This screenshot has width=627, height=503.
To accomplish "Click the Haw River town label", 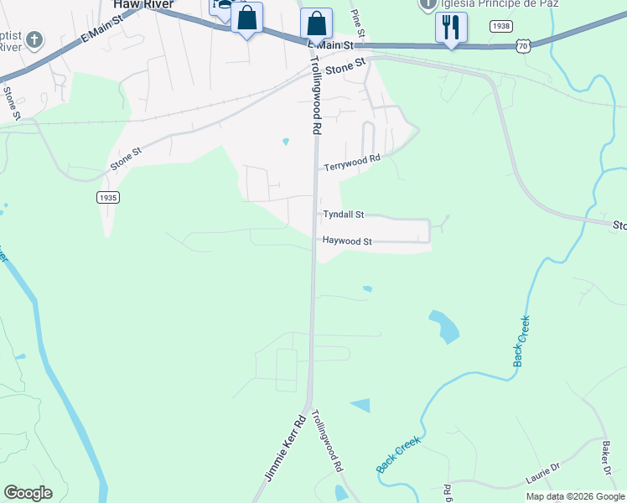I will pos(143,5).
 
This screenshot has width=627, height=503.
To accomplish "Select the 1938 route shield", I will pos(501,27).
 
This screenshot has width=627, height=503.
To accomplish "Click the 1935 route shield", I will pos(107,198).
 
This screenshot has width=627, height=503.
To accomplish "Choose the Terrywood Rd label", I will pos(353,158).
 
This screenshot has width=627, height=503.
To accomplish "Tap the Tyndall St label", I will pos(344,215).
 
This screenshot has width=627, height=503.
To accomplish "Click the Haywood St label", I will pos(347,241).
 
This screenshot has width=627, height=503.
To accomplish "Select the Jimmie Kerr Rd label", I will pos(285,449).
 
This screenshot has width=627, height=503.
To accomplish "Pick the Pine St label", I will pos(358,23).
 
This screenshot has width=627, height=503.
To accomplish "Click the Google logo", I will pos(28,493).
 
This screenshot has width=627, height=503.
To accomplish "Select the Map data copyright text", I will pos(574,496).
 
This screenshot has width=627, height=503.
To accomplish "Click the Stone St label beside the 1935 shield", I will pos(127,159).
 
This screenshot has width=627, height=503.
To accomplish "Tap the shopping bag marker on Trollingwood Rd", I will pos(316,23).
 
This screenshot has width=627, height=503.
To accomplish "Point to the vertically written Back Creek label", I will pos(521,341).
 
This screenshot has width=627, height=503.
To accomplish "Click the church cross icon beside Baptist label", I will pos(34,39).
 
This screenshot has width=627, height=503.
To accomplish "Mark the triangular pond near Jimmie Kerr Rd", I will pos(361,406).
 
